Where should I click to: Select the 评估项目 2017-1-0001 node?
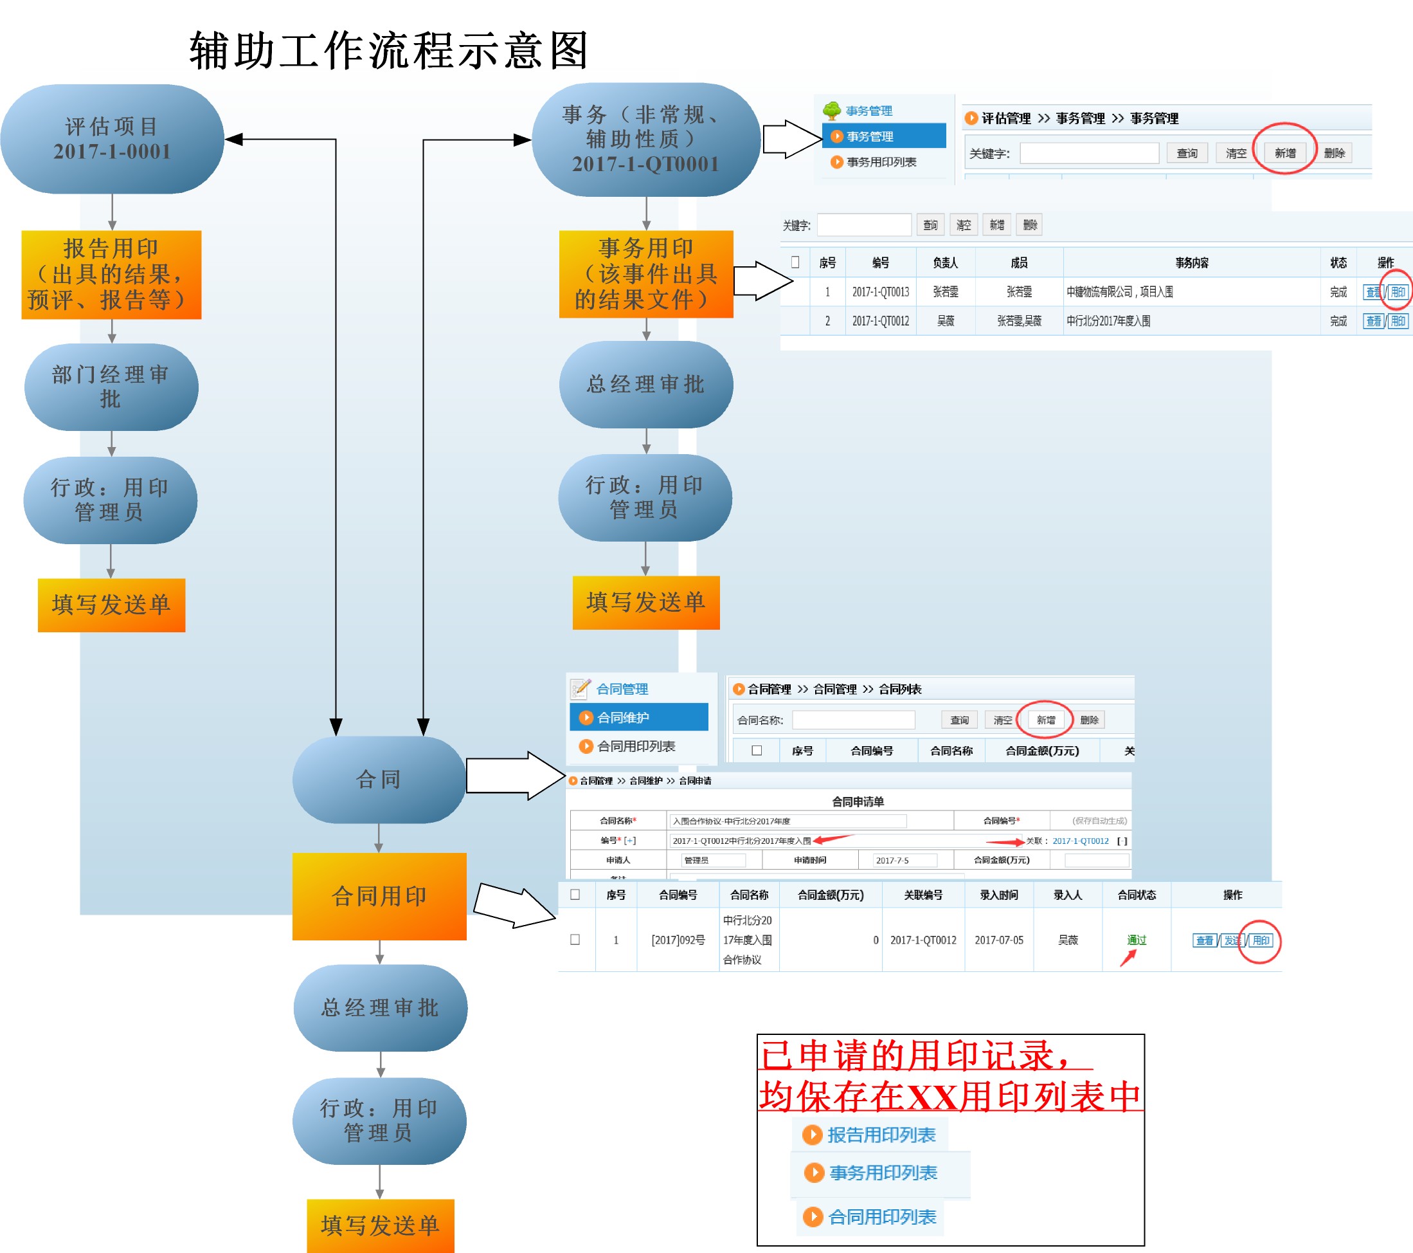click(x=112, y=139)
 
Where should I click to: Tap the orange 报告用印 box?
click(x=111, y=275)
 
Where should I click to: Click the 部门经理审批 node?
click(x=111, y=387)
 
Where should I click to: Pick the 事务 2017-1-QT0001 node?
click(x=645, y=140)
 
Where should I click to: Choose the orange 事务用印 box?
click(x=645, y=274)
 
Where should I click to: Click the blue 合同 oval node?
click(x=378, y=780)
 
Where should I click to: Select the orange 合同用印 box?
click(x=379, y=896)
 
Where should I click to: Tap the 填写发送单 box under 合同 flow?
click(x=380, y=1225)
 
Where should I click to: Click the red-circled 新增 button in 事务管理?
click(x=1284, y=153)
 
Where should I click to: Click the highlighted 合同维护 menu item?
click(x=638, y=717)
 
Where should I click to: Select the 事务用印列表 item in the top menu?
click(x=881, y=162)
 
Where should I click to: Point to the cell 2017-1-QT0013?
click(x=880, y=292)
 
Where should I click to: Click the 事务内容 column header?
click(x=1191, y=263)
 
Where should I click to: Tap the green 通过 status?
click(x=1137, y=940)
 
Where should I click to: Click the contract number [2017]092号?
click(x=678, y=940)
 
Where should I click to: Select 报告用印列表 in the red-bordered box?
click(x=881, y=1135)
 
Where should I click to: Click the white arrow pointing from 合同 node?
click(x=515, y=776)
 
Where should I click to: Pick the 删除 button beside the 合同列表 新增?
click(x=1089, y=720)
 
